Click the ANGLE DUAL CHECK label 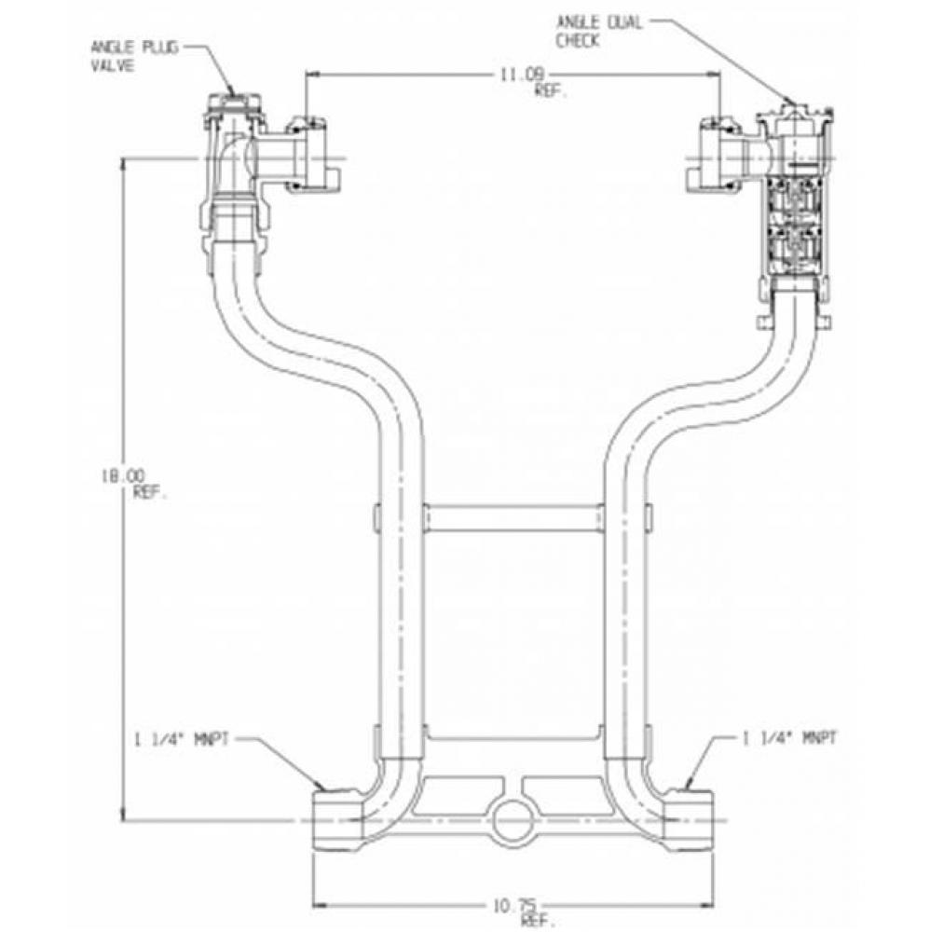point(598,31)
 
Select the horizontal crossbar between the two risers point(513,517)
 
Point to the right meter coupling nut point(719,154)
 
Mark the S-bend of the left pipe point(308,345)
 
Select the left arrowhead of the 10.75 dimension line point(318,903)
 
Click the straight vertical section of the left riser point(401,606)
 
